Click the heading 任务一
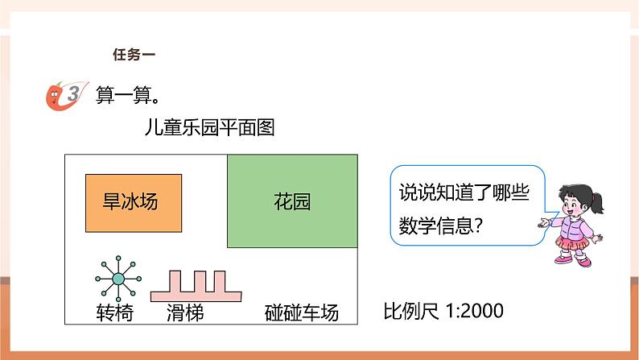point(132,55)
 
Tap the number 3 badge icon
point(66,93)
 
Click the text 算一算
point(126,94)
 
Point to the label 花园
point(292,201)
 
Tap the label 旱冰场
point(132,201)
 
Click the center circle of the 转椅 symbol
point(118,279)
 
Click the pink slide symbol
point(198,286)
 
